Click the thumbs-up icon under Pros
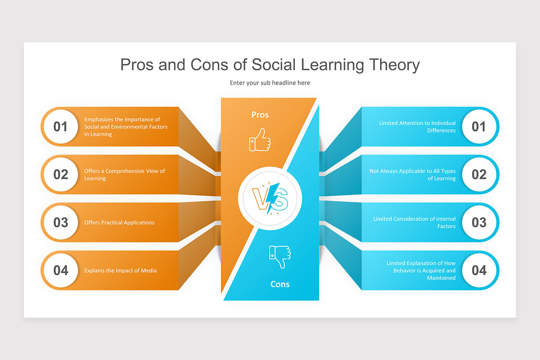coord(260,139)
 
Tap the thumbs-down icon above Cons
coord(279,256)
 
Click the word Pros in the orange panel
coord(260,115)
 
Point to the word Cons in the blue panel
coord(280,284)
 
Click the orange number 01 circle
coord(61,126)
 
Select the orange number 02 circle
coord(61,175)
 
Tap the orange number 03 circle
coord(61,222)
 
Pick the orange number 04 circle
coord(61,270)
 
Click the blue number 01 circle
coord(479,126)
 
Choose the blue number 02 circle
coord(479,175)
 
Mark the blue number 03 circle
coord(479,222)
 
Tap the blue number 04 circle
coord(479,270)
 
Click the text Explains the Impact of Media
coord(121,270)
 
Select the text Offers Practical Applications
coord(119,223)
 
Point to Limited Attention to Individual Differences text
coord(417,126)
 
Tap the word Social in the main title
coord(272,65)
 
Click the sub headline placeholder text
coord(270,83)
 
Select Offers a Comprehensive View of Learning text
coord(125,175)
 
